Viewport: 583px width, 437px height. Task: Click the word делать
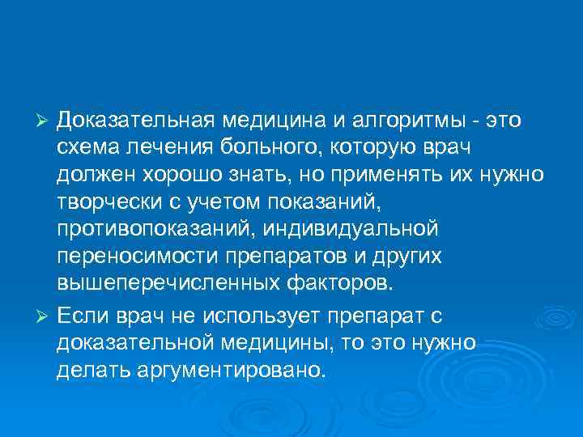tap(93, 370)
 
